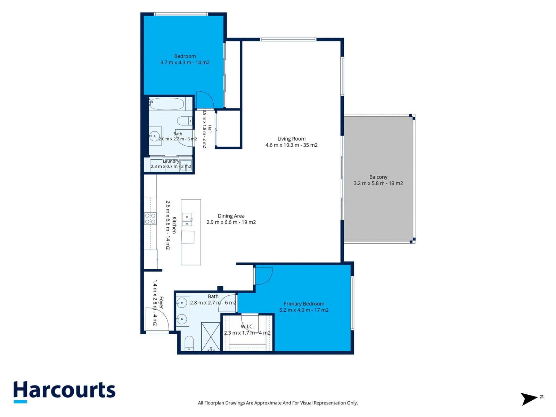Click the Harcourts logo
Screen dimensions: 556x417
[x=64, y=391]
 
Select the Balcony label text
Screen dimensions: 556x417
[x=378, y=177]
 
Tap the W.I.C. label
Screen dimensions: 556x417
[x=247, y=327]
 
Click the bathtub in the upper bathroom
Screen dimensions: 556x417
[x=167, y=104]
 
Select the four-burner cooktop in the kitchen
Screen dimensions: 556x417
[x=150, y=219]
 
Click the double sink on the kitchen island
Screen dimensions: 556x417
[x=187, y=219]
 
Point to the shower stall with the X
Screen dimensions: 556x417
[x=211, y=337]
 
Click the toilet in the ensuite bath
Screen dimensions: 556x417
[x=189, y=343]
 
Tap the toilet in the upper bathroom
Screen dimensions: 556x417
[x=185, y=121]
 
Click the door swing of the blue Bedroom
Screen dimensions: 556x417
[x=205, y=100]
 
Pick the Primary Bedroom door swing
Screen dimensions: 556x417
[x=264, y=276]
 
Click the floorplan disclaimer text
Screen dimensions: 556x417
[x=278, y=403]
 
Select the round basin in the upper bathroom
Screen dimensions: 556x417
[x=154, y=136]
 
